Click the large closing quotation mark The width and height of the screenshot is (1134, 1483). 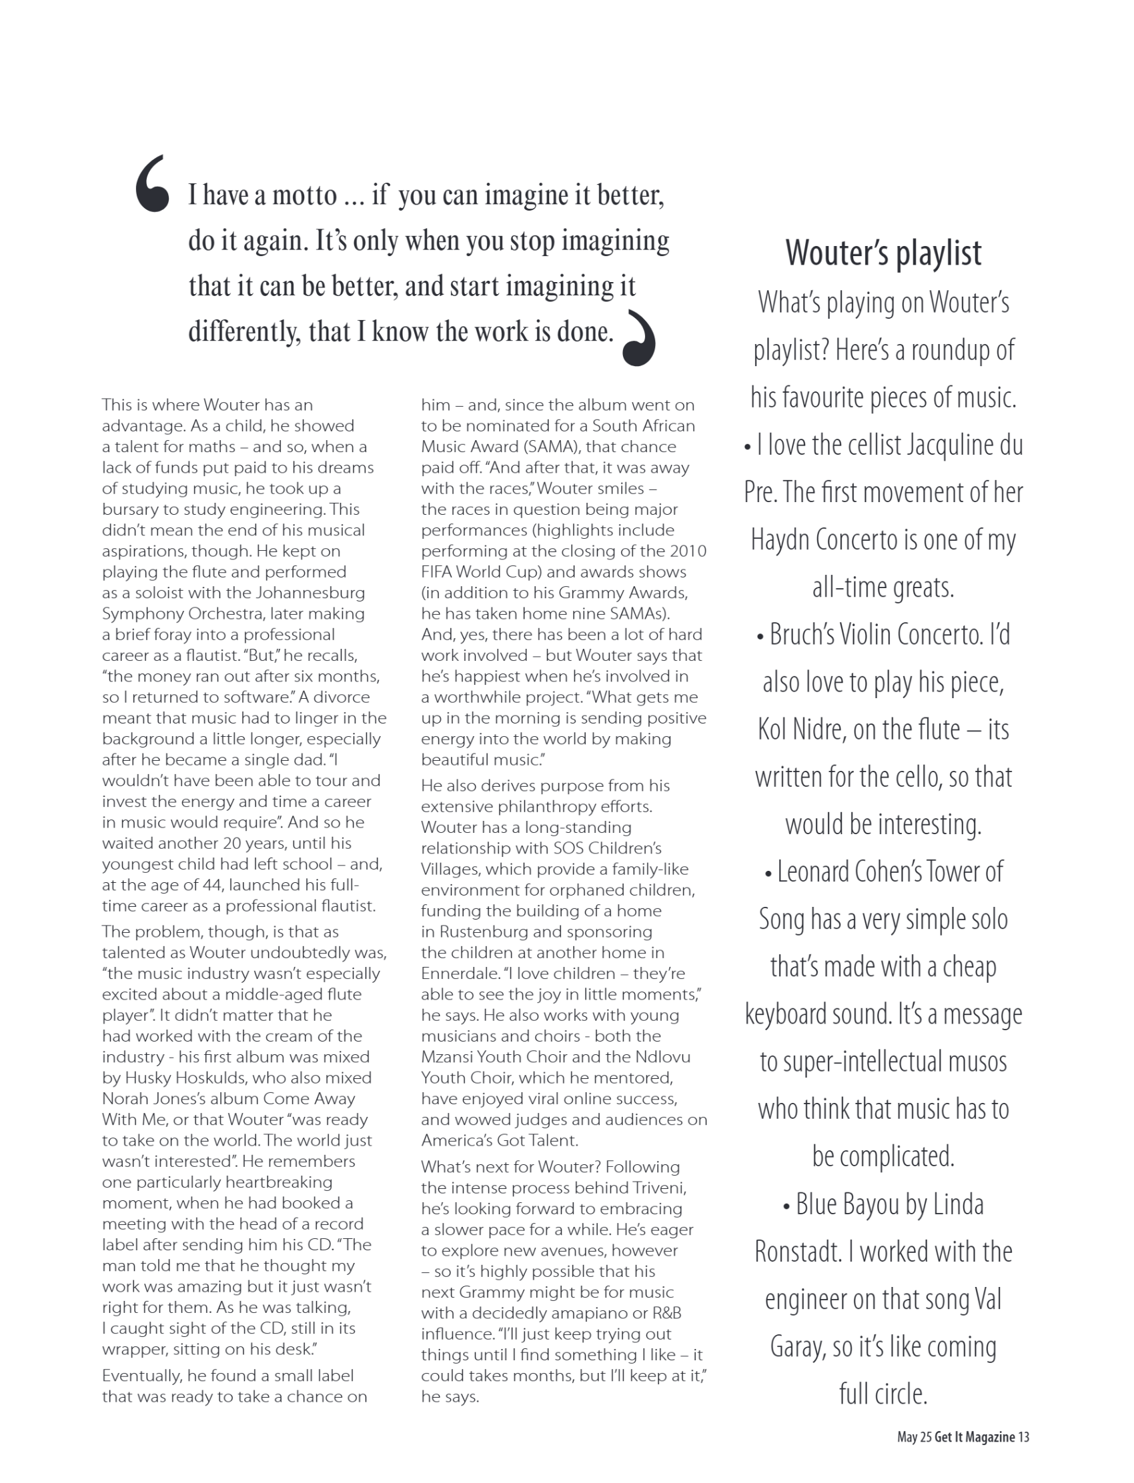point(639,339)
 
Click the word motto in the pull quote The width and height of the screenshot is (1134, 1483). point(304,195)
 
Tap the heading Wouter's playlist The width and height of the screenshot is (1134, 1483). point(883,253)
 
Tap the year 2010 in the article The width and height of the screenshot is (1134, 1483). point(688,551)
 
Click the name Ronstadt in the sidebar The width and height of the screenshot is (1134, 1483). point(796,1252)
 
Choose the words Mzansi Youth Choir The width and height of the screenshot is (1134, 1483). point(492,1058)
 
